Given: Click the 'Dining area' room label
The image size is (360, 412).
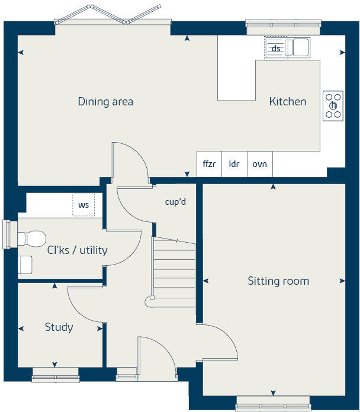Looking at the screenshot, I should coord(105,102).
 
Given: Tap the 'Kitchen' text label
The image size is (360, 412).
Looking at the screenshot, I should coord(288,102).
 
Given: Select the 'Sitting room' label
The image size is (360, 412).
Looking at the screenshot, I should coord(278,281).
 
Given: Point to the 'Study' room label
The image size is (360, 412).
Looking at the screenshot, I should coord(59,327).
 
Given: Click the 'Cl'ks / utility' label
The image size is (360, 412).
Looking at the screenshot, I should coord(78,250).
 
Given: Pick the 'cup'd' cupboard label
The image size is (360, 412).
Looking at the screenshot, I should coord(175,202).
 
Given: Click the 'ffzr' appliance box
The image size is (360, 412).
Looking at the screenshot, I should coord(210,164).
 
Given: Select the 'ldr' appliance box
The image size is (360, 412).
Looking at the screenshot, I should coord(234,164).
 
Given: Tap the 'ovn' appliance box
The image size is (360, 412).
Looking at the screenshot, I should coord(260,164).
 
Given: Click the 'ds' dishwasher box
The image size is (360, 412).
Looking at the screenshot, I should coord(276,49).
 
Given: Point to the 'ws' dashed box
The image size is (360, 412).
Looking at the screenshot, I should coord(83,205).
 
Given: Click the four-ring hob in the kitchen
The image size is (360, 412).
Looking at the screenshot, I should coord(333,106).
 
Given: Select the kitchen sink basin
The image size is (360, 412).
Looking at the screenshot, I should coord(300,47).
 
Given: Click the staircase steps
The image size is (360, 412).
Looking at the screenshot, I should coord(174,269).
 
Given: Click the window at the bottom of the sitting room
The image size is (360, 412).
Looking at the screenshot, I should coord(274,406).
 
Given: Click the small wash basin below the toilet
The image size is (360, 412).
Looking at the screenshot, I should coord(25,264).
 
